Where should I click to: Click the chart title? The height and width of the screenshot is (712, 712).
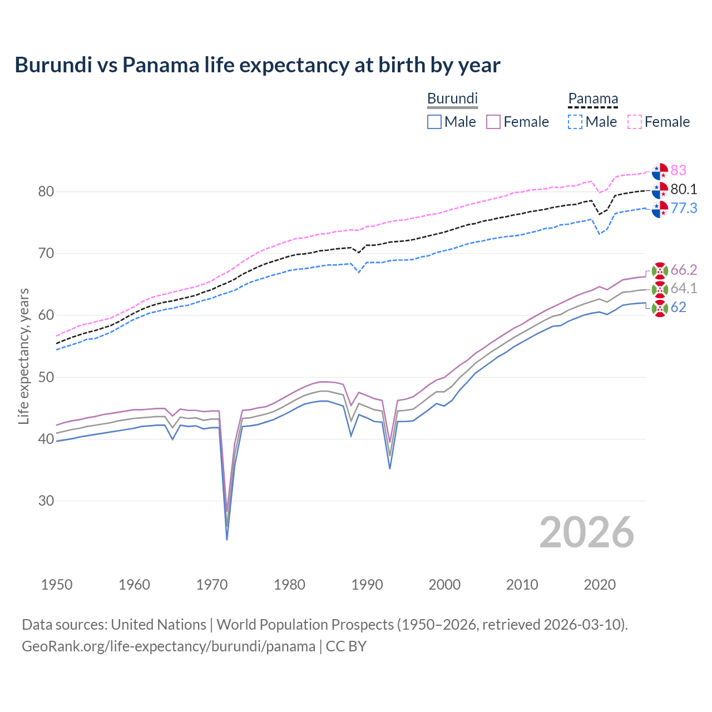(258, 65)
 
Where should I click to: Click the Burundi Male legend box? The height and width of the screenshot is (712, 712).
(434, 122)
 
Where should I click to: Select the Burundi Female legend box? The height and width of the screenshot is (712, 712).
(493, 122)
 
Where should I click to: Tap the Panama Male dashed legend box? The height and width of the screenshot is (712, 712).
(575, 122)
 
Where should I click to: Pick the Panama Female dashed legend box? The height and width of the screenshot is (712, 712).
(635, 122)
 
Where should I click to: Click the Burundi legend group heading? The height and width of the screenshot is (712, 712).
(452, 98)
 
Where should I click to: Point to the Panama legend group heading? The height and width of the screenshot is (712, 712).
(593, 98)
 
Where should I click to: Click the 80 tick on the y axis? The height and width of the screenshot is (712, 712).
(46, 192)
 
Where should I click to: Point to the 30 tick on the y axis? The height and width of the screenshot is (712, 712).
(46, 501)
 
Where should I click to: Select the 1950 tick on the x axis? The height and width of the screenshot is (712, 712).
(57, 585)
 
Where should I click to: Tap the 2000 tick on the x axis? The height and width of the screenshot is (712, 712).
(444, 585)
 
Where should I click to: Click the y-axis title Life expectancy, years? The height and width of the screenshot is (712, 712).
(23, 356)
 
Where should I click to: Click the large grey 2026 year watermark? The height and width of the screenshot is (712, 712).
(586, 532)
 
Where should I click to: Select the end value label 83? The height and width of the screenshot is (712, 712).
(678, 170)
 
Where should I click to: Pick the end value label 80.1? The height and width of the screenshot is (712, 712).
(684, 189)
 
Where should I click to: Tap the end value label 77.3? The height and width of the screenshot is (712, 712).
(684, 208)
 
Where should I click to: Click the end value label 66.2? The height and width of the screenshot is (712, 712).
(684, 270)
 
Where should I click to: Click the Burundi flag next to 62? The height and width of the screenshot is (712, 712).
(660, 308)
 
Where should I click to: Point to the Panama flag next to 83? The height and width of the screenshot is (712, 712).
(660, 171)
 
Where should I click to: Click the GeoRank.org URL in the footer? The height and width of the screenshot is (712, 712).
(169, 646)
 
